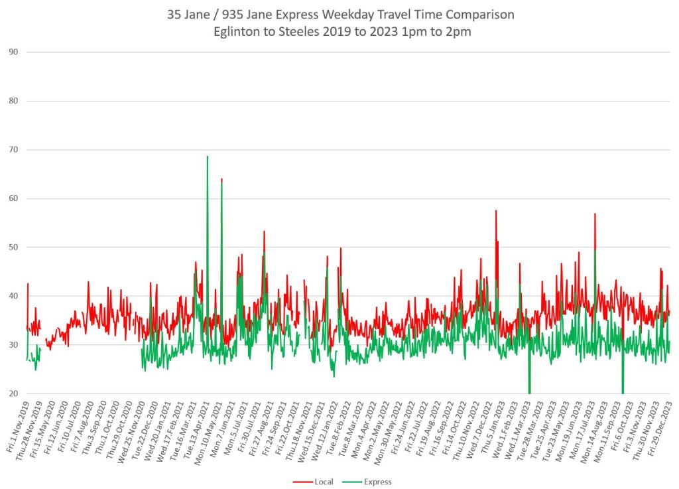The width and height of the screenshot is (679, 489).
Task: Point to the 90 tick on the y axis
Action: pos(13,52)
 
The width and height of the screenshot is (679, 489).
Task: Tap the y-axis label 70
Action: pos(13,150)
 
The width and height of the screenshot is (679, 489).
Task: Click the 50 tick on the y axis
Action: pos(13,247)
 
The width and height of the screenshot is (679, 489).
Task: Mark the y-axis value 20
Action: pos(13,394)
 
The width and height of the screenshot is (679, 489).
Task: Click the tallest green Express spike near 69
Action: pos(208,157)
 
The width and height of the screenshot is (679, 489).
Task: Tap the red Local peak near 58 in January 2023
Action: pos(496,211)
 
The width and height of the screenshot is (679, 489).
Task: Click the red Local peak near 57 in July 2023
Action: pos(595,214)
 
